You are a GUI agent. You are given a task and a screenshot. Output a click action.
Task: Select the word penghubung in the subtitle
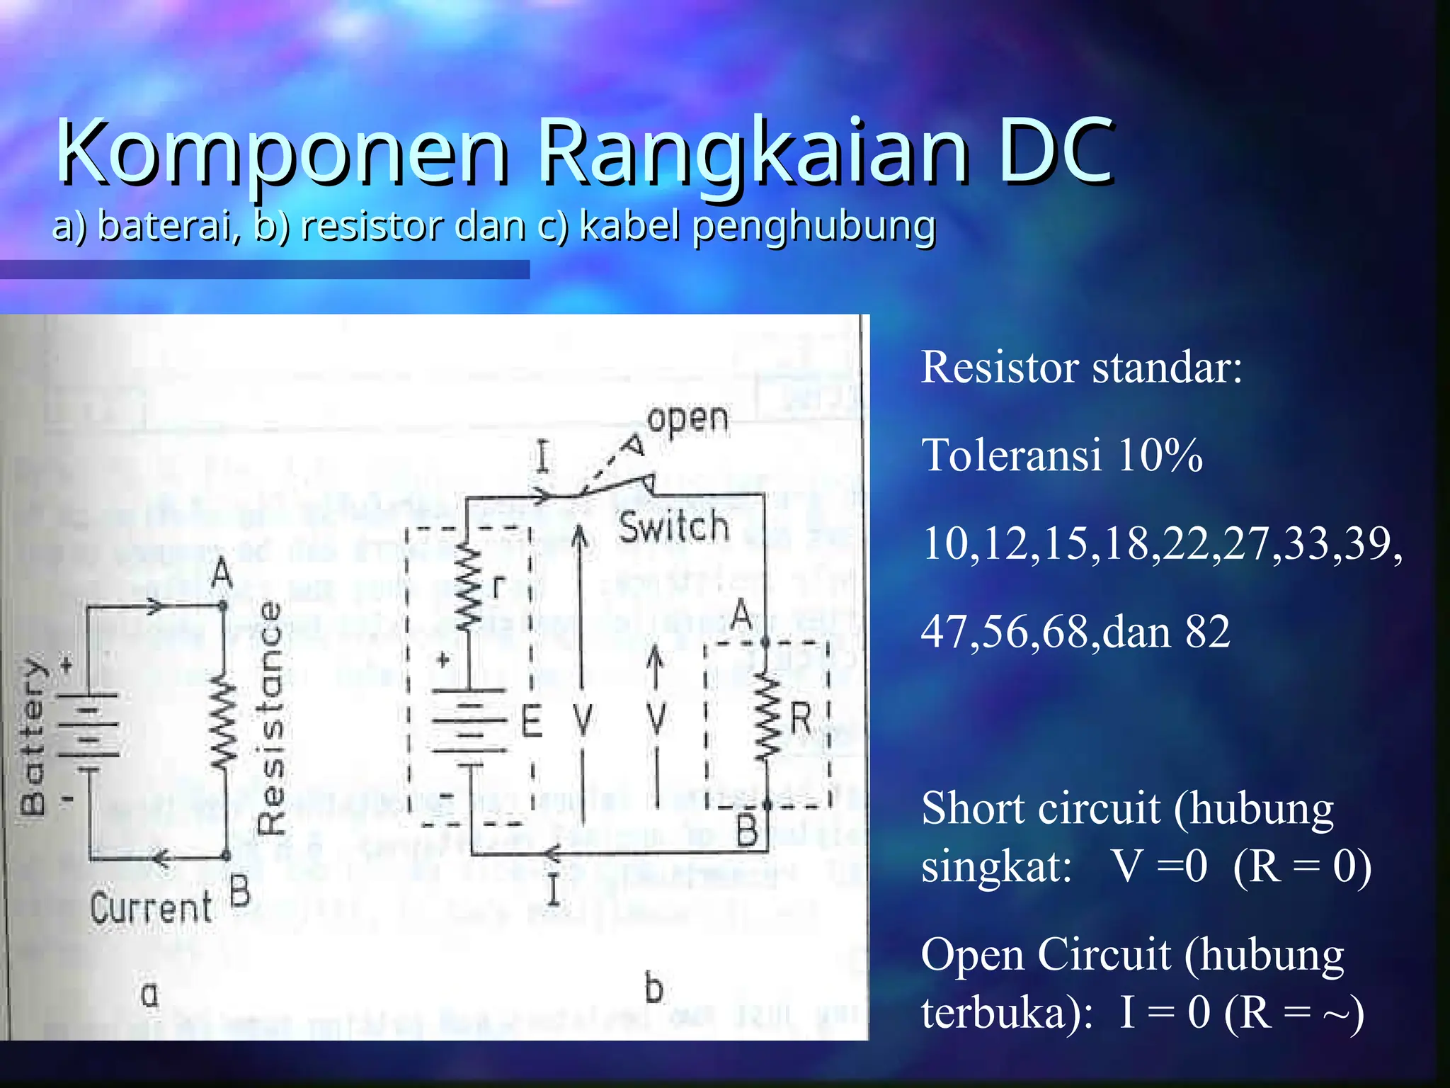(x=814, y=227)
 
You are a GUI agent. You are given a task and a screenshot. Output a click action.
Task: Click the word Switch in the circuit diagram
(x=673, y=527)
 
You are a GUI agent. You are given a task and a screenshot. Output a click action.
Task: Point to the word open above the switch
(x=687, y=419)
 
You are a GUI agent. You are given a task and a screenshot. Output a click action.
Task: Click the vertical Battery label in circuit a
(x=33, y=737)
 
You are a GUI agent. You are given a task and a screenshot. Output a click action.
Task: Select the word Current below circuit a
(x=151, y=907)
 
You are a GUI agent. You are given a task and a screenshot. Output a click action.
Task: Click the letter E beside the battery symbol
(x=531, y=722)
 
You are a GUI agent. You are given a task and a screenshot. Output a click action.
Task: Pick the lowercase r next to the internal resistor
(x=499, y=587)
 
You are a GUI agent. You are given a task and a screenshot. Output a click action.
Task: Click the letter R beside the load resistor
(x=800, y=718)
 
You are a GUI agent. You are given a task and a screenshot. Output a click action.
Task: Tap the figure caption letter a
(x=149, y=994)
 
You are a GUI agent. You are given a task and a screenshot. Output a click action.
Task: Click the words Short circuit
(x=1041, y=808)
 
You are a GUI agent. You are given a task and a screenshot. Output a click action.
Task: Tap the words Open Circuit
(x=1046, y=954)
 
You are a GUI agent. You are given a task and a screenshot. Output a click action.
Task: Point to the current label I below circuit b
(x=554, y=890)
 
